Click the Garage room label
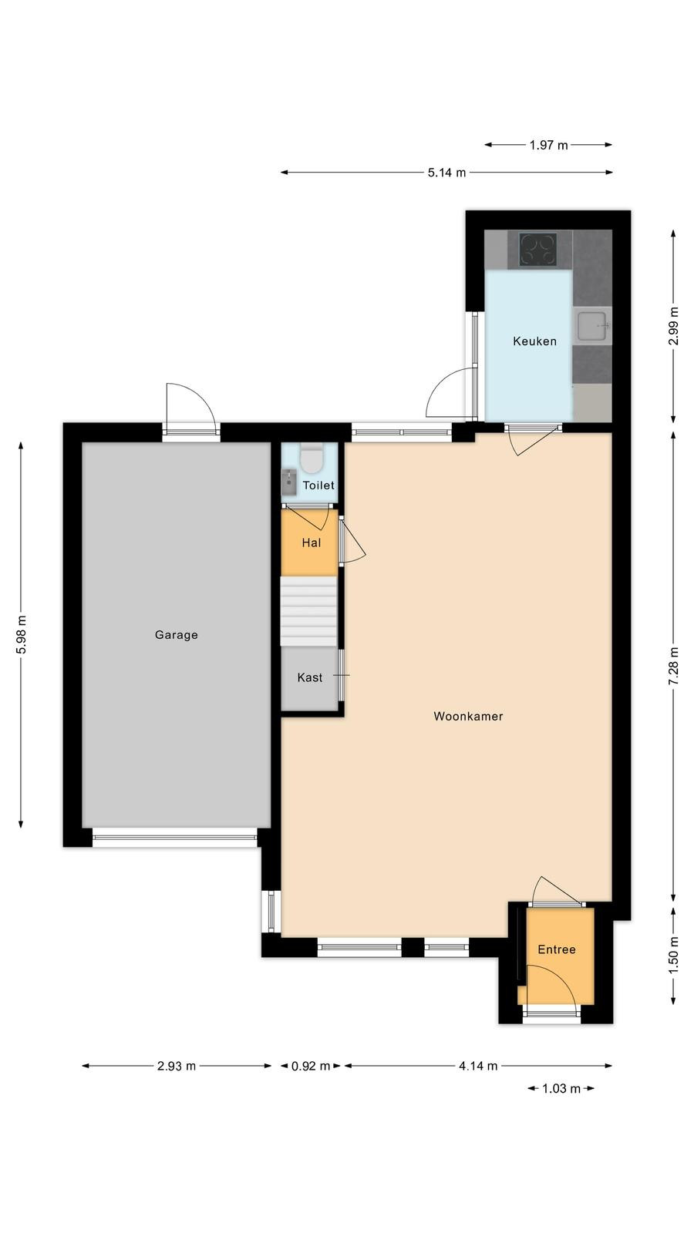(x=177, y=635)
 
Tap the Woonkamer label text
(x=468, y=716)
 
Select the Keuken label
(x=534, y=341)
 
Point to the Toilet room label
(x=318, y=485)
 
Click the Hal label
(x=312, y=543)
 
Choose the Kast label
(x=309, y=677)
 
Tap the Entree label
(x=557, y=949)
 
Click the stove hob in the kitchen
(x=538, y=250)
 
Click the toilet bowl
(x=312, y=459)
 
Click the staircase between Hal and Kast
(x=308, y=611)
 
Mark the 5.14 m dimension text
(x=446, y=173)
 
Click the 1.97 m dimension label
(x=548, y=145)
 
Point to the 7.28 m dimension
(x=673, y=666)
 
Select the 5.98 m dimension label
(x=21, y=635)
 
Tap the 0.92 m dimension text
(x=311, y=1067)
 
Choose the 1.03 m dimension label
(x=561, y=1088)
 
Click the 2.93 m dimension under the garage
(x=177, y=1067)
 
